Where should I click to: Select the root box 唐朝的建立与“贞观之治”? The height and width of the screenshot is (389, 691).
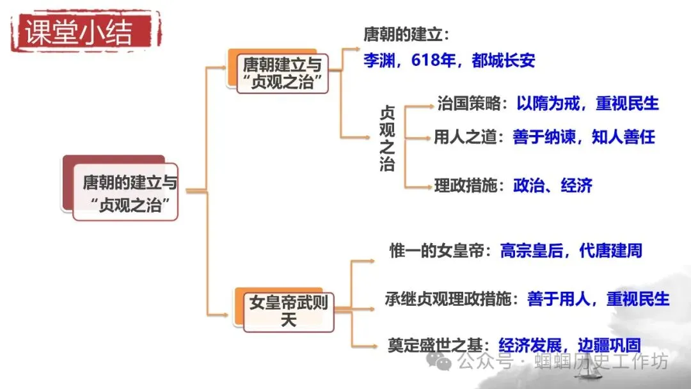point(128,194)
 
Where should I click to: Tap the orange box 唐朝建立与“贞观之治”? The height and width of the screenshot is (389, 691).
point(282,74)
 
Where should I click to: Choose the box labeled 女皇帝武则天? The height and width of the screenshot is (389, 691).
point(289,310)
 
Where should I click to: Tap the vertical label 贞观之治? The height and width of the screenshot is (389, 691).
point(387,138)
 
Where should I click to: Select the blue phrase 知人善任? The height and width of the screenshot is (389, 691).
point(623,137)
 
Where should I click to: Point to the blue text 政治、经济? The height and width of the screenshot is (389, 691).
point(553,186)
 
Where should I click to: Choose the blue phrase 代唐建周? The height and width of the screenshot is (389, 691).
point(610,250)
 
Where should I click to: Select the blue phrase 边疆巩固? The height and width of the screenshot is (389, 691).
point(608,345)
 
